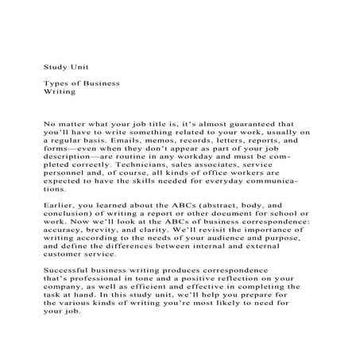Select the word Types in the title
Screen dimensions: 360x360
tap(57, 83)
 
